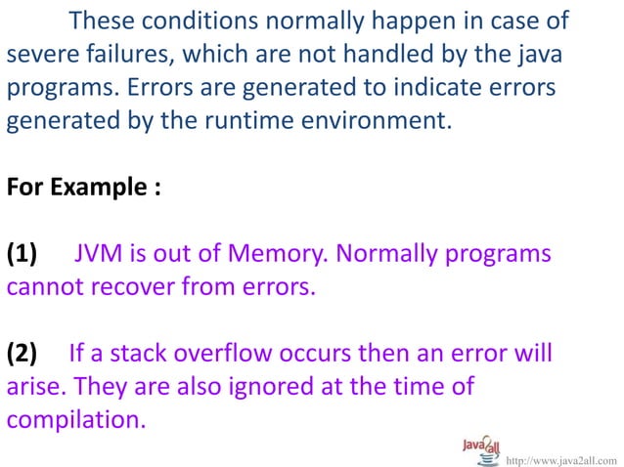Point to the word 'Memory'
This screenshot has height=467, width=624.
coord(280,255)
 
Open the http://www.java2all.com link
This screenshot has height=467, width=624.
coord(561,458)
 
